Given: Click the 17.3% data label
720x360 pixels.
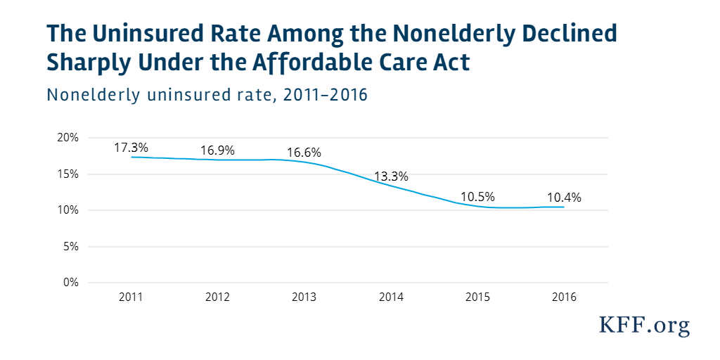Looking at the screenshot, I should coord(131,148).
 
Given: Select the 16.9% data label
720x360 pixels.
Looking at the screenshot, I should coord(217,150).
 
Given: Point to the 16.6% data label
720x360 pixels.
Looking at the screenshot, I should coord(304,152).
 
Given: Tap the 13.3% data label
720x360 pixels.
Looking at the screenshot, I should coord(391,176).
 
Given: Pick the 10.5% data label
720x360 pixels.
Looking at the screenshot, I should coord(477,196).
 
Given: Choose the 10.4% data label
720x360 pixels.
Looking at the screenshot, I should coord(564,198).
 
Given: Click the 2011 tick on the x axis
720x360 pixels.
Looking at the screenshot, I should coord(131,297).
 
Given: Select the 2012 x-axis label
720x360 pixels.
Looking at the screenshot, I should coord(217,297).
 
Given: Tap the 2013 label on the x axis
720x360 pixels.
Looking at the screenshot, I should coord(304,297).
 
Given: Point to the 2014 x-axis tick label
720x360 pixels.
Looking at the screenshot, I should coord(391,297).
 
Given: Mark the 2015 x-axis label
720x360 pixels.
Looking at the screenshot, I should coord(477,297).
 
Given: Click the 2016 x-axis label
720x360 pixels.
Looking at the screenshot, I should coord(564,297).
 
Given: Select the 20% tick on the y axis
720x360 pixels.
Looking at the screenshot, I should coord(67,138).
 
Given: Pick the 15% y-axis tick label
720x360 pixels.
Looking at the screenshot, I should coord(67,174).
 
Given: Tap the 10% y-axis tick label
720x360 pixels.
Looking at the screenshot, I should coord(67,210).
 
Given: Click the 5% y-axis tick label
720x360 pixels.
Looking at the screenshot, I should coord(70,247).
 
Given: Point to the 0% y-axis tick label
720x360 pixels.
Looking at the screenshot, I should coord(70,283).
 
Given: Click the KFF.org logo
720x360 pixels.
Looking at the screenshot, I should coord(644,325).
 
